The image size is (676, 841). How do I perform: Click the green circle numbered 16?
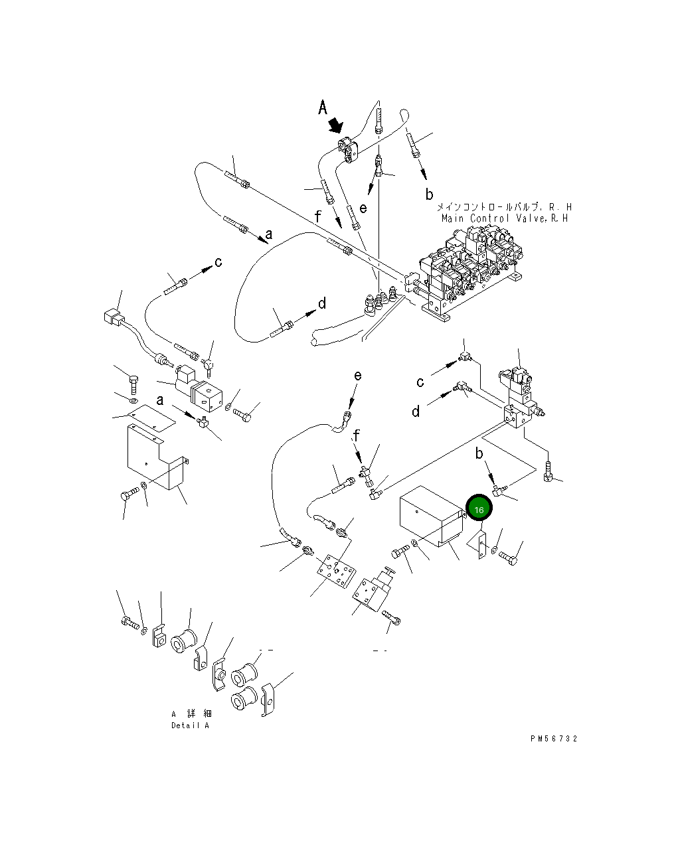pyautogui.click(x=479, y=508)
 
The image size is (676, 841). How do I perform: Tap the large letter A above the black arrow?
pyautogui.click(x=322, y=107)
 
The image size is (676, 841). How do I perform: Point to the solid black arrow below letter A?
pyautogui.click(x=336, y=126)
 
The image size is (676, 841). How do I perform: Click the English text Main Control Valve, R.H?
pyautogui.click(x=505, y=218)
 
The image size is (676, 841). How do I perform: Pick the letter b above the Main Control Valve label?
pyautogui.click(x=429, y=194)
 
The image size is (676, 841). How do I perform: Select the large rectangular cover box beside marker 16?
pyautogui.click(x=432, y=516)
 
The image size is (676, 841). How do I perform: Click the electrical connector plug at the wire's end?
pyautogui.click(x=113, y=318)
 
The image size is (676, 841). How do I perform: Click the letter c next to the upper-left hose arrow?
pyautogui.click(x=218, y=262)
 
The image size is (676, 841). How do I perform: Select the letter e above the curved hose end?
pyautogui.click(x=358, y=376)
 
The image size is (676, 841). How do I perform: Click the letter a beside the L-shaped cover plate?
pyautogui.click(x=160, y=400)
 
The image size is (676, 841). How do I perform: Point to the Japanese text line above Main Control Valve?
pyautogui.click(x=505, y=206)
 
